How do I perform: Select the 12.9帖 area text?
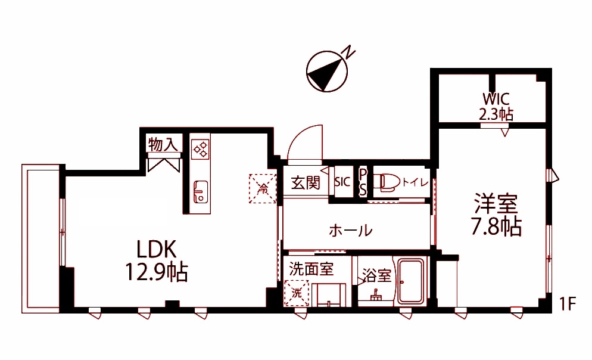pos(156,272)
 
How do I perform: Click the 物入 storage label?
pos(163,144)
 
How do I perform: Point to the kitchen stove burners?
pos(200,148)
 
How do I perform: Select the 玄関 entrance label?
pos(306,183)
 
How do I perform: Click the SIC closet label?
pos(342,182)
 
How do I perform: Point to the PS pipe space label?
pos(362,182)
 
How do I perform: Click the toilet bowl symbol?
pos(388,182)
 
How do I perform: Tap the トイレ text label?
pos(415,182)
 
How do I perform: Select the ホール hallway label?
pos(351,229)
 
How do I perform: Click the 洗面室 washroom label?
pos(311,269)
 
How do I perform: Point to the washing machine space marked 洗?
pos(297,293)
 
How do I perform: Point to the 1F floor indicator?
pos(567,304)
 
